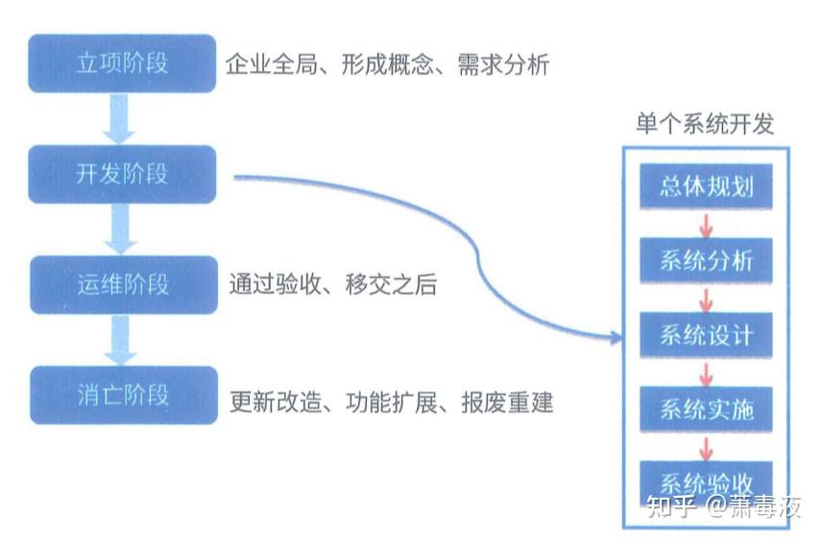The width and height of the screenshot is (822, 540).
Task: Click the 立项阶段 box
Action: [x=122, y=63]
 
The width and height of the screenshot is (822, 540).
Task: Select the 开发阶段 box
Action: [x=122, y=174]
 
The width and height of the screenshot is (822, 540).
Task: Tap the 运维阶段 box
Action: [x=124, y=285]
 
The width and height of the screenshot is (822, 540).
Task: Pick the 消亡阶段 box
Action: [x=124, y=395]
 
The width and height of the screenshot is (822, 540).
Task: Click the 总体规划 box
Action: [x=706, y=186]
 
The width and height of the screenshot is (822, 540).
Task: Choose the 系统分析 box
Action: [x=706, y=260]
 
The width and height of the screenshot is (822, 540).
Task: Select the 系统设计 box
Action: [x=706, y=335]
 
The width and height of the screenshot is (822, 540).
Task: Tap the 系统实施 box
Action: [x=706, y=409]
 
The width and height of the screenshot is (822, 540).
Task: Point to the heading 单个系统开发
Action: [x=705, y=124]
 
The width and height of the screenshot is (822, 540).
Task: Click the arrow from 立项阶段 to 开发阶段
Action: [x=119, y=119]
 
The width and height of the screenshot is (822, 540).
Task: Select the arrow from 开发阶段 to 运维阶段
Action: [x=121, y=230]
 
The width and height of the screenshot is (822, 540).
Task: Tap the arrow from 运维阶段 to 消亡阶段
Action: [x=121, y=340]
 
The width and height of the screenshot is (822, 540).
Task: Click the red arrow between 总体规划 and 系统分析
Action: [x=706, y=225]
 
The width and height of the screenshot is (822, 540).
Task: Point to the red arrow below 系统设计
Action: [x=706, y=373]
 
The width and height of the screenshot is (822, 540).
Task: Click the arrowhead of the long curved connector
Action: [x=616, y=337]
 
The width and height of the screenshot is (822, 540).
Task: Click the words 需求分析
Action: [x=503, y=64]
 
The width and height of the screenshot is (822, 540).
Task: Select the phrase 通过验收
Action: [x=275, y=285]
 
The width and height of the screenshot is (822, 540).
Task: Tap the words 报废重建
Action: [x=507, y=403]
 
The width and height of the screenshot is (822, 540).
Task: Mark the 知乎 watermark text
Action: [x=671, y=505]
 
